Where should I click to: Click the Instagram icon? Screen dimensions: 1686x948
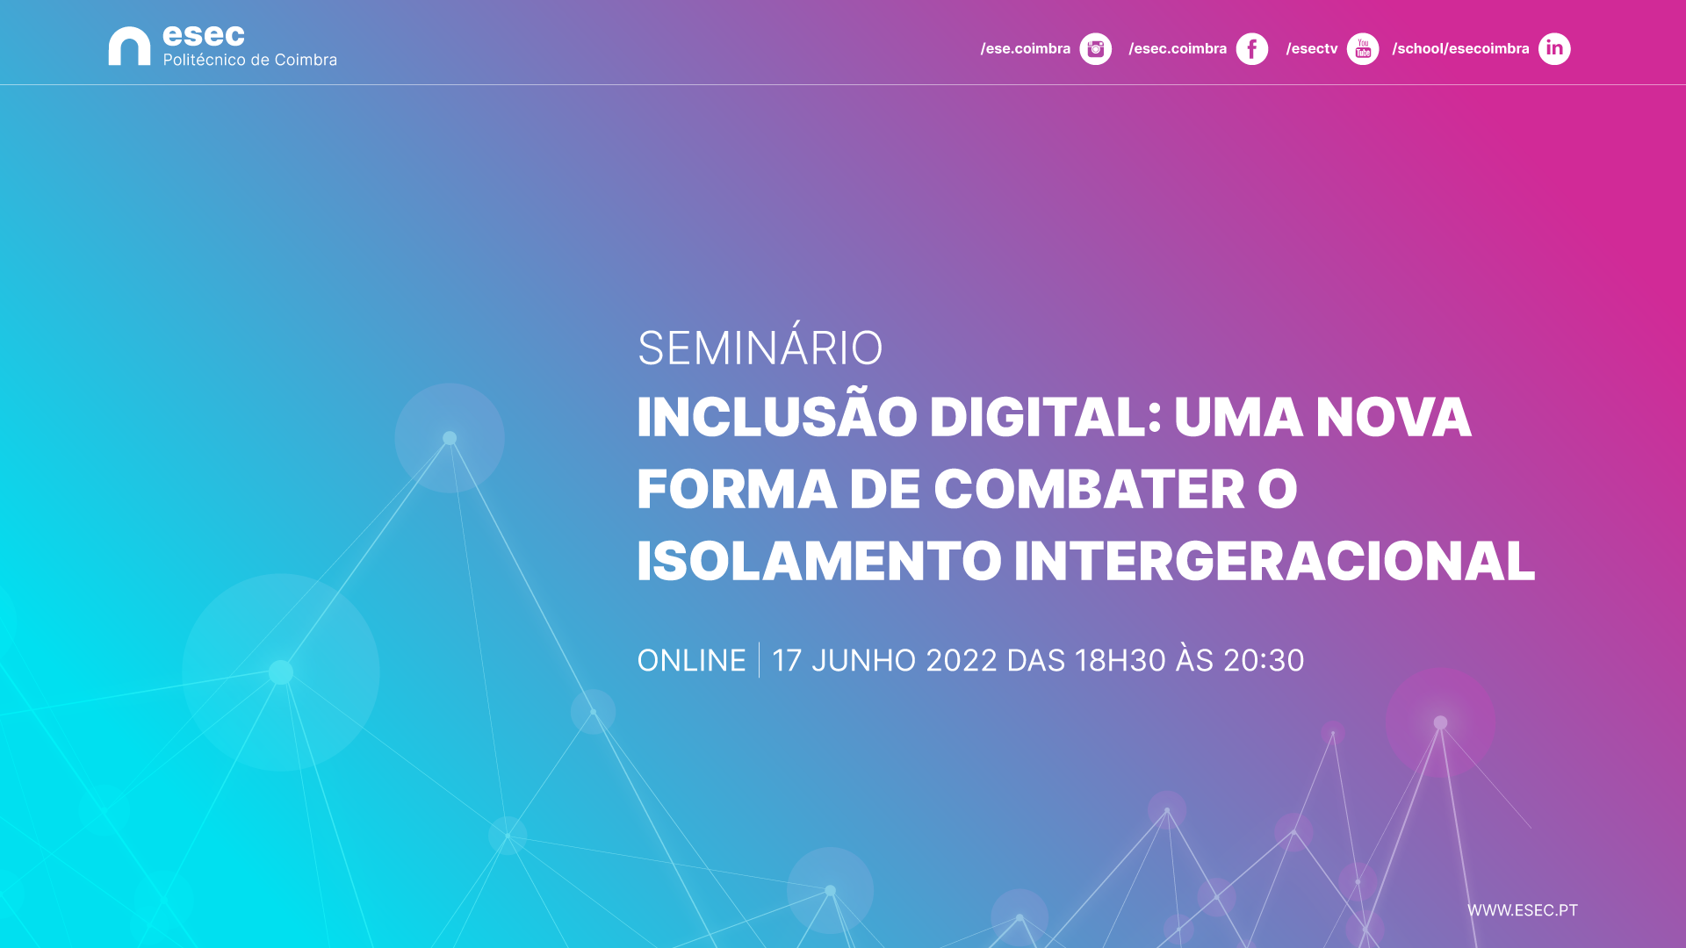[1095, 49]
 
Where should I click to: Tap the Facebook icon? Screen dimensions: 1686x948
[1251, 49]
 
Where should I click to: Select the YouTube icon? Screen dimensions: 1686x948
[1363, 49]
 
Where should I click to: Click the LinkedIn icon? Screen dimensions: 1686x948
[1554, 49]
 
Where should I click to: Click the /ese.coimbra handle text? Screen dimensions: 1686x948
[1026, 49]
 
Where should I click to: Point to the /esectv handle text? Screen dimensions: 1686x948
[1312, 49]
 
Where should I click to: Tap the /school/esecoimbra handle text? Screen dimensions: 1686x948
[1460, 49]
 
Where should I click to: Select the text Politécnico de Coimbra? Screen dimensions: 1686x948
[250, 60]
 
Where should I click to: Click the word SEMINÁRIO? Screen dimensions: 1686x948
[760, 348]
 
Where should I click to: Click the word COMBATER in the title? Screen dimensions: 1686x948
[1089, 489]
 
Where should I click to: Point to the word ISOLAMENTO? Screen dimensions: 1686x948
[818, 561]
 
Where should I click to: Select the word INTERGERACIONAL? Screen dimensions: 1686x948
[1274, 561]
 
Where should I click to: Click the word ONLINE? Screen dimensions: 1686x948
[691, 660]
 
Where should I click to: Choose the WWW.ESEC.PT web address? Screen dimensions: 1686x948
[1523, 910]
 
